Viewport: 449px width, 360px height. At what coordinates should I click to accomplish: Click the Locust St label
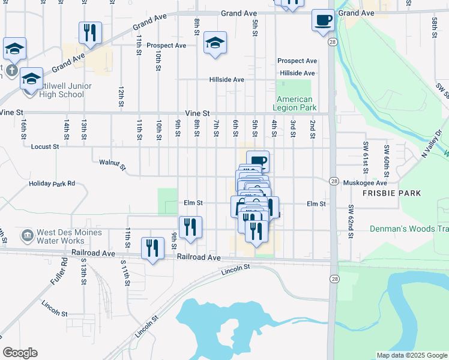tap(46, 146)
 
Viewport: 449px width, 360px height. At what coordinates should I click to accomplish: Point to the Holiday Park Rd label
tap(52, 183)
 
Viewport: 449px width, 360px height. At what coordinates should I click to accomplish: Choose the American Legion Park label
tap(295, 103)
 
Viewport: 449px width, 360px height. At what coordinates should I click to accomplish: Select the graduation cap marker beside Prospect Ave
tap(214, 43)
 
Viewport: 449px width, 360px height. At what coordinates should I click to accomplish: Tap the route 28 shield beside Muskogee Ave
tap(334, 181)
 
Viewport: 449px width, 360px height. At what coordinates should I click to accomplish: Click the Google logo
tap(20, 353)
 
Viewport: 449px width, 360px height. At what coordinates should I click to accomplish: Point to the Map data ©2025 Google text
tap(411, 355)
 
